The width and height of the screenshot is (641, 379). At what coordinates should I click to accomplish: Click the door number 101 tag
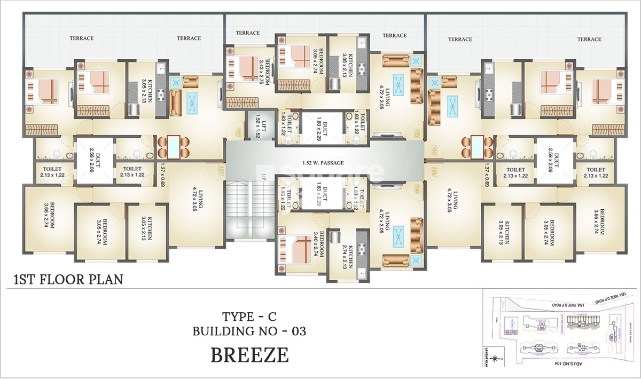point(220,170)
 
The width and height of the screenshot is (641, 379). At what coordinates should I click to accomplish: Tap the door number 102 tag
point(239,130)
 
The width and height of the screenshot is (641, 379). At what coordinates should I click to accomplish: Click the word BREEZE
point(249,355)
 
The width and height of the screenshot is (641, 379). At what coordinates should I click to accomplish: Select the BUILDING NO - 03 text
point(249,331)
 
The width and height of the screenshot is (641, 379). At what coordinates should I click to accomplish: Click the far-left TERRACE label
point(81,38)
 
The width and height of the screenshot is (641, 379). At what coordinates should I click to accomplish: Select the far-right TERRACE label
point(589,39)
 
